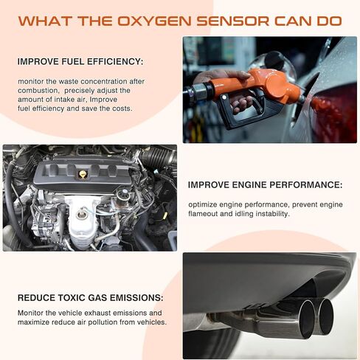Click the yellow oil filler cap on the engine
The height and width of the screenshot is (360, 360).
pyautogui.click(x=83, y=174)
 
